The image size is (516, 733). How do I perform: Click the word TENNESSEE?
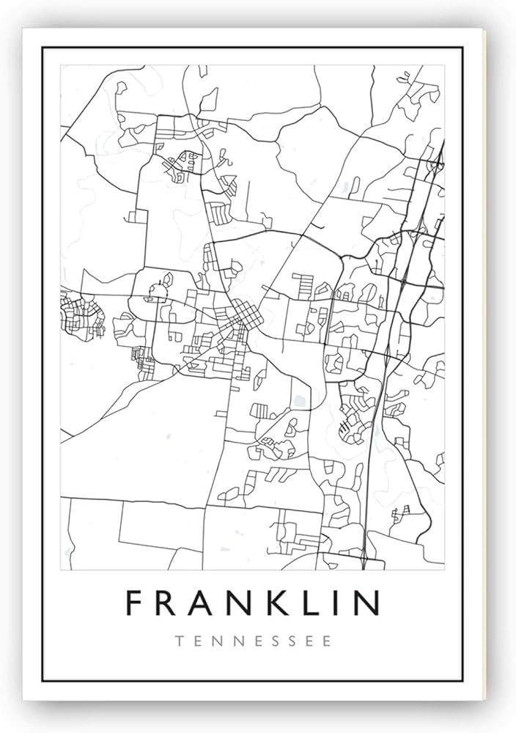254,640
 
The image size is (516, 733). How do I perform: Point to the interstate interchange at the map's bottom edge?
364,561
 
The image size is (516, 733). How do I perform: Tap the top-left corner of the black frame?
43,48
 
